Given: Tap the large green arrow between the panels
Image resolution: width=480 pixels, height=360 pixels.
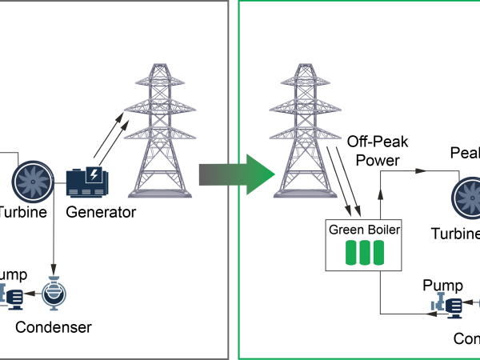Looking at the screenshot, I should [x=240, y=174].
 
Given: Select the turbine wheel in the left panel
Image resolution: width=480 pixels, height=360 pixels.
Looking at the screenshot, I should [x=33, y=182].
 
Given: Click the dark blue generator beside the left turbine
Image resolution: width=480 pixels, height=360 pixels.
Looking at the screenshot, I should [x=86, y=182].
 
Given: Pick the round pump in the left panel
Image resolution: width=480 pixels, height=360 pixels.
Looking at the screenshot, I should [x=54, y=294].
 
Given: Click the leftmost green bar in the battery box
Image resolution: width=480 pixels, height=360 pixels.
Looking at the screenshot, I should [x=351, y=253].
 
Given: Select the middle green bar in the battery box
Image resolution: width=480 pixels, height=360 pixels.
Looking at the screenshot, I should [x=365, y=253].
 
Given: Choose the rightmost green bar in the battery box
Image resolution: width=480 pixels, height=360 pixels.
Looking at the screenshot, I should [x=378, y=253].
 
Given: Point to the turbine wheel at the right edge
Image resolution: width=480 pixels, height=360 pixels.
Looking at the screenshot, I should [x=468, y=197].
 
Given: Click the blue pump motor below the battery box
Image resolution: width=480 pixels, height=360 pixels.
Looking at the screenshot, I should [x=448, y=305].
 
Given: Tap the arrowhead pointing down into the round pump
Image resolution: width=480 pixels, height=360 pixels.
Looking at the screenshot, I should [x=54, y=270].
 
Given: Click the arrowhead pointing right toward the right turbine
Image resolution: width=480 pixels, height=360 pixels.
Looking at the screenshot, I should [x=421, y=170].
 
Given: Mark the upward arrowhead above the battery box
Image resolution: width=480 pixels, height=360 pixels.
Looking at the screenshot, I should [x=380, y=195].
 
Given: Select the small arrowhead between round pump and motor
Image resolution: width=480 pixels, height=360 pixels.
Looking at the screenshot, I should [x=30, y=294].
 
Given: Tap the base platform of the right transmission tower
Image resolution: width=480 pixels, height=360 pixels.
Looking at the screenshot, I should [x=305, y=194].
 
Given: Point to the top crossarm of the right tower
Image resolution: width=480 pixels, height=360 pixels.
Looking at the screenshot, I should [x=305, y=80].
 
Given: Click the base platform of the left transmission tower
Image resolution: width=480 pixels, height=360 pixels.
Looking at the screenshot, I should [x=160, y=194].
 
